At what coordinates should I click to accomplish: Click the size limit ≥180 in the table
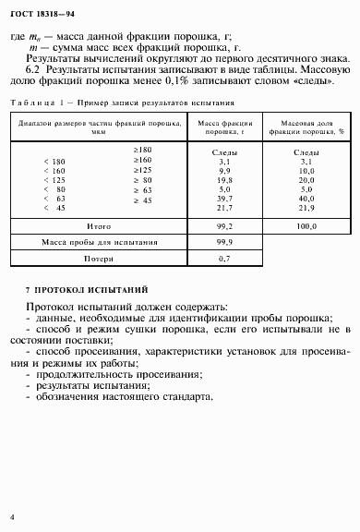[142, 149]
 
